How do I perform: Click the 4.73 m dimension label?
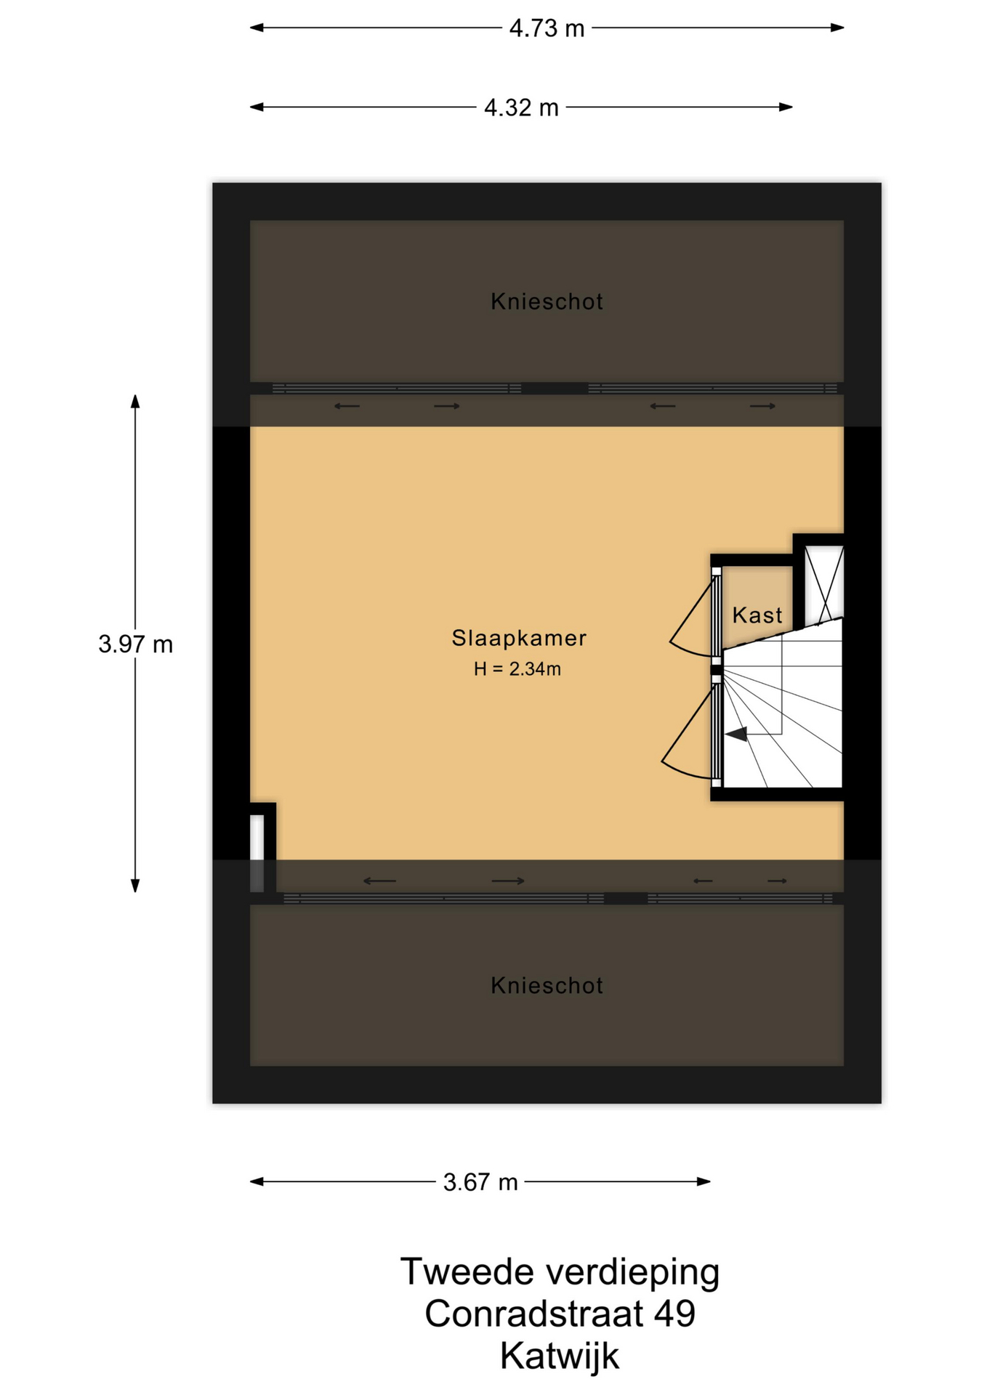click(547, 28)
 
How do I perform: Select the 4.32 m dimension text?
click(521, 108)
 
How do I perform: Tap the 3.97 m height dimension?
click(135, 644)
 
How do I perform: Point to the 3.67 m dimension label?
click(480, 1182)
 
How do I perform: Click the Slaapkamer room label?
click(519, 638)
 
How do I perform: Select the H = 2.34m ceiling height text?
click(517, 669)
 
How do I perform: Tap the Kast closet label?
click(757, 615)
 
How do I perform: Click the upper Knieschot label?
click(547, 302)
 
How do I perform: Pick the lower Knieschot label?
click(547, 986)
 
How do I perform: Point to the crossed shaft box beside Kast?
click(823, 584)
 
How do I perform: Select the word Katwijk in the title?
click(560, 1356)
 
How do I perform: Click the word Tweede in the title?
click(467, 1272)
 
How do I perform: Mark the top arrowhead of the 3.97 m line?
click(135, 401)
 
